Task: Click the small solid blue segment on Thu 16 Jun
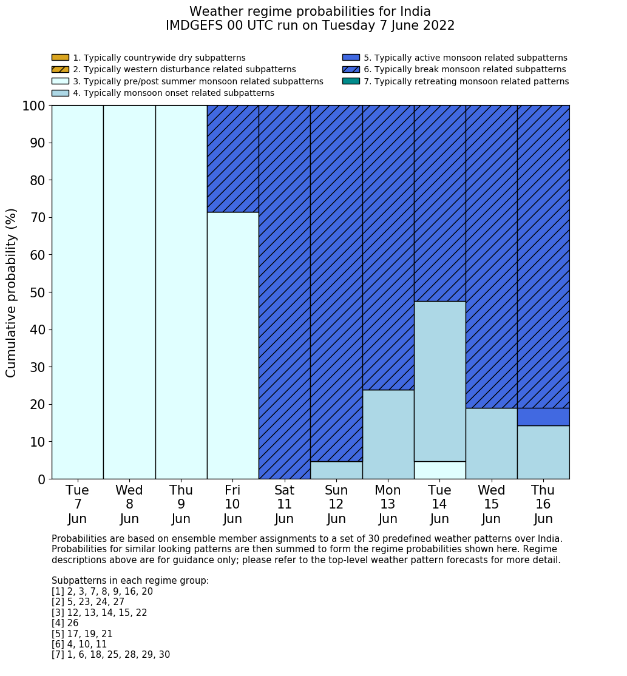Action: point(543,417)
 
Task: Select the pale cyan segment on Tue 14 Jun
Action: point(439,470)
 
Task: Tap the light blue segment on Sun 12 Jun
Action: point(336,470)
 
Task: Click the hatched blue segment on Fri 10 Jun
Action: point(232,158)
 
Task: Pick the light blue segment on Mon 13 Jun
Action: point(388,434)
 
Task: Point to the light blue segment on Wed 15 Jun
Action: point(491,444)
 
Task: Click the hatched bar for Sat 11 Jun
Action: point(284,292)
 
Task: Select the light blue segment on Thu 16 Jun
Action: point(543,452)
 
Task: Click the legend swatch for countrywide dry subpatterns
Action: point(60,58)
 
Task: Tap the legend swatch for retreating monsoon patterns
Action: point(351,81)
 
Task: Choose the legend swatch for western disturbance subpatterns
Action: point(60,70)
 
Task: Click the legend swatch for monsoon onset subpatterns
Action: point(60,93)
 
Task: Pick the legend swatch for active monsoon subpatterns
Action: point(351,58)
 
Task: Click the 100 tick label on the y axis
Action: point(33,106)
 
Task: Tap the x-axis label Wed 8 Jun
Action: point(129,504)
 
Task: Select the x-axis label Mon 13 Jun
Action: point(388,504)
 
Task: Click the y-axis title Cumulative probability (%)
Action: point(12,292)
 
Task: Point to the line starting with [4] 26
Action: point(65,623)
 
